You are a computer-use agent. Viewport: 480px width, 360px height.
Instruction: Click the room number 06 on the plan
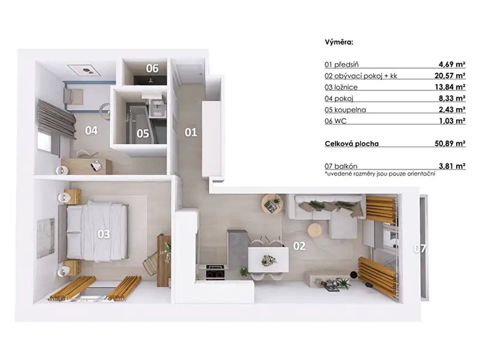[152, 68]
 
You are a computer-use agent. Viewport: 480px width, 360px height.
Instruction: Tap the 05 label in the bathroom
[142, 134]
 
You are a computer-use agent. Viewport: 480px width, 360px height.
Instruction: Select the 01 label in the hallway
[191, 132]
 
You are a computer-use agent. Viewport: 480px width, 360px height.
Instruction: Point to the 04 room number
[91, 130]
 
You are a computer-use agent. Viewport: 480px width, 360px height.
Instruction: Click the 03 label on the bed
[104, 234]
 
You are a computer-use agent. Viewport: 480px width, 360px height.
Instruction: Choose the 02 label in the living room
[299, 246]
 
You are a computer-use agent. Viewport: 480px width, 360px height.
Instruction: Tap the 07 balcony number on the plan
[420, 248]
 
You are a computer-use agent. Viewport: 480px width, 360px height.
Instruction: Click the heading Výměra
[339, 48]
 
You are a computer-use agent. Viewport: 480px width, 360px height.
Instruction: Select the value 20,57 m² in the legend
[450, 76]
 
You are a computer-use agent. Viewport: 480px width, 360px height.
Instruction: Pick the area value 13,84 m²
[450, 87]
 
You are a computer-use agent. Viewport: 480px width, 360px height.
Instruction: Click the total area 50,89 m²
[450, 143]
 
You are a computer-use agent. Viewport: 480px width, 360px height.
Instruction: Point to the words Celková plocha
[352, 144]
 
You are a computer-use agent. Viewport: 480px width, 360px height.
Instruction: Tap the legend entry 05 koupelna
[345, 110]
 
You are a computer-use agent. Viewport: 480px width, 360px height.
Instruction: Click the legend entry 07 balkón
[341, 166]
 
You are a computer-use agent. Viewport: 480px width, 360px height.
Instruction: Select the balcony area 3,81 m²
[452, 166]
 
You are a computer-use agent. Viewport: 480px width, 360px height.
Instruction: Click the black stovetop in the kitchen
[215, 272]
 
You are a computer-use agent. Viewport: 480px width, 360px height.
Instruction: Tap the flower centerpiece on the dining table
[269, 260]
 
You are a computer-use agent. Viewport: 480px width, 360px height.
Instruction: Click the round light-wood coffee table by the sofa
[315, 230]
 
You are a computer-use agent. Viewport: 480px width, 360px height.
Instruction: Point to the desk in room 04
[86, 166]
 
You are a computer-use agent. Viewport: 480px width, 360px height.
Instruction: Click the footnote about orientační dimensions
[380, 174]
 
